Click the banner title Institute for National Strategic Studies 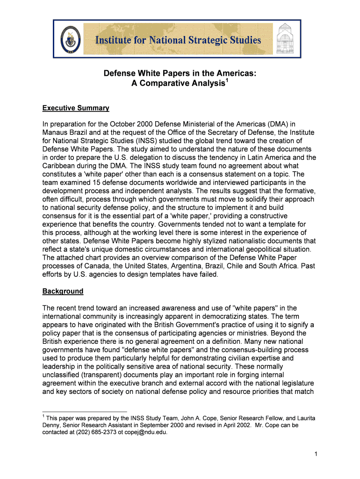tap(178, 40)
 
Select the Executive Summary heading tap(76, 108)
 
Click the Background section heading tap(63, 291)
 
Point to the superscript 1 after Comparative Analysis tap(227, 80)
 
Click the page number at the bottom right tap(316, 453)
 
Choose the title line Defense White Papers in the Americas tap(180, 73)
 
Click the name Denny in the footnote tap(51, 425)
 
